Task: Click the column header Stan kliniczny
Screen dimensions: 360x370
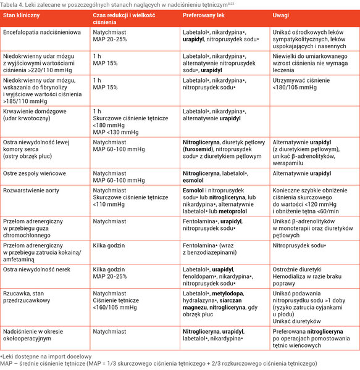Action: coord(21,15)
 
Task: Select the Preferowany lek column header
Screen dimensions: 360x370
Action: coord(204,15)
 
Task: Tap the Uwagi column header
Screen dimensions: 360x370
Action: coord(280,15)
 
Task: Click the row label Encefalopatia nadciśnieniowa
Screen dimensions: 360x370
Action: coord(42,32)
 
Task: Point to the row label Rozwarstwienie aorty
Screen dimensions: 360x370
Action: coord(31,191)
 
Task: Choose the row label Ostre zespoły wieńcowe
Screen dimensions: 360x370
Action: coord(35,173)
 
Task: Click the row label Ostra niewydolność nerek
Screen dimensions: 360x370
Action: coord(36,269)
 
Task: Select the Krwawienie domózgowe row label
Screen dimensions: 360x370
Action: coord(35,112)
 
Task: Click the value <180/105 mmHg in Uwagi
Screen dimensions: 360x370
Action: coord(295,88)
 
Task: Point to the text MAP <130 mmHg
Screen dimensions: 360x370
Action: coord(115,133)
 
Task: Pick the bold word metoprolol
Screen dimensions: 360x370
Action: coord(233,212)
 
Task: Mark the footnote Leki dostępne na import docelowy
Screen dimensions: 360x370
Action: coord(47,356)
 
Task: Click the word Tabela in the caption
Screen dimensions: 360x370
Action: coord(7,5)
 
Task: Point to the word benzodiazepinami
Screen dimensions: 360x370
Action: coord(212,253)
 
